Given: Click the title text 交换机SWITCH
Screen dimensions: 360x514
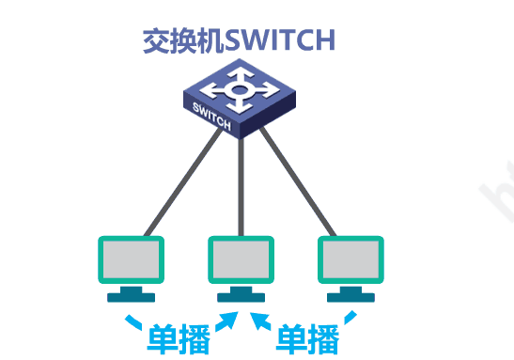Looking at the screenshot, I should pos(239,40).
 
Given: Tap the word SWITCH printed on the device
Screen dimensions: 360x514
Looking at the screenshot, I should pos(211,113).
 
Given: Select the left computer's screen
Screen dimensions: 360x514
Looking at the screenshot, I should pos(131,258).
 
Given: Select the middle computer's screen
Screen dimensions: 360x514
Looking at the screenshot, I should pos(241,258).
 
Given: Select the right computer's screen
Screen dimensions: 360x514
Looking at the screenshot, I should pos(350,258).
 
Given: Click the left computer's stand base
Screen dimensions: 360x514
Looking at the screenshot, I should pos(131,297).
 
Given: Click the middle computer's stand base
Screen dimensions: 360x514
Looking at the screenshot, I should pos(241,297).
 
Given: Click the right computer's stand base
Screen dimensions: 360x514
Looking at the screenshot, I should pos(350,297).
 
